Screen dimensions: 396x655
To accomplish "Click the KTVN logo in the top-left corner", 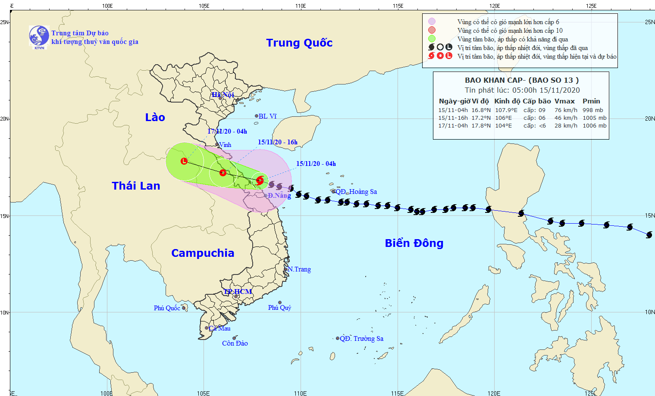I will click(x=39, y=36).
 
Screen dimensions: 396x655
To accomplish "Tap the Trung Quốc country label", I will click(x=299, y=43).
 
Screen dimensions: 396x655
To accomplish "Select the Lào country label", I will click(x=155, y=117).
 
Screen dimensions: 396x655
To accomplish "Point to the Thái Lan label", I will click(x=136, y=186).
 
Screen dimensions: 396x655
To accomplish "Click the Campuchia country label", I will click(x=203, y=253).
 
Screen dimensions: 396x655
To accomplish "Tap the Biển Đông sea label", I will click(x=414, y=243).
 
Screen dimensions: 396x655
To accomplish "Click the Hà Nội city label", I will click(x=223, y=95).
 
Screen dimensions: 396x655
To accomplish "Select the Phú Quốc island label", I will click(x=167, y=308).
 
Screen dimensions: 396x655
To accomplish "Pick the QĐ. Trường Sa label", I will click(x=361, y=339).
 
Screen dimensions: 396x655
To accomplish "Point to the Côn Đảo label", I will click(x=235, y=343).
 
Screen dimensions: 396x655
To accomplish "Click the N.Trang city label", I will click(x=299, y=269).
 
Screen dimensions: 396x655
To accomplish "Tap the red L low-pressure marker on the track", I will click(x=184, y=161).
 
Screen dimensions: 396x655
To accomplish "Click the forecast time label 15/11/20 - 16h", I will click(x=278, y=142).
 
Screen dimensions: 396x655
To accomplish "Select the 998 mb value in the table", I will click(x=593, y=110).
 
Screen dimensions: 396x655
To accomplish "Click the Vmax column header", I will click(x=564, y=101).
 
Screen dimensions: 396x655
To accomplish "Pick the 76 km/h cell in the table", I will click(x=566, y=110).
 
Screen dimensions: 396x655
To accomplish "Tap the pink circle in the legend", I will click(x=432, y=22).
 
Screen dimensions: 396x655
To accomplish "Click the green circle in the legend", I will click(x=432, y=39).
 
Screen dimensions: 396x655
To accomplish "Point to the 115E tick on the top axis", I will click(x=398, y=6).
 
